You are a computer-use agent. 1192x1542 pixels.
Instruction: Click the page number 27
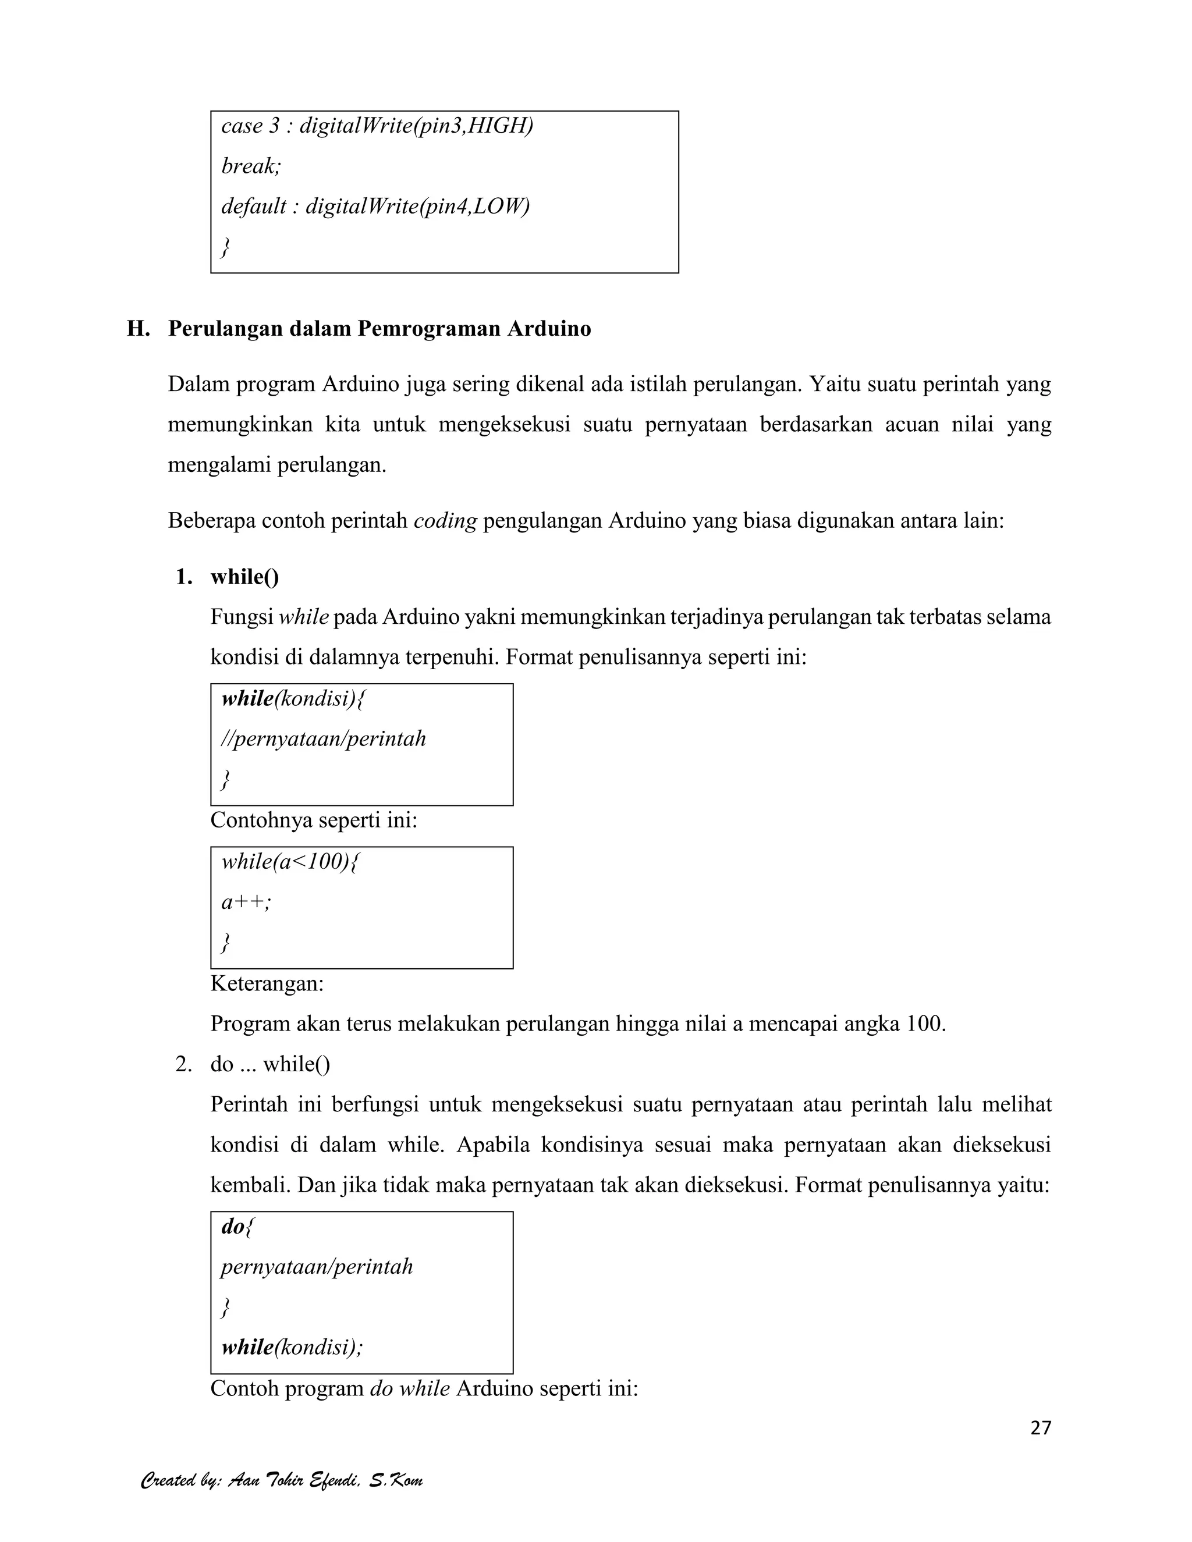click(1040, 1427)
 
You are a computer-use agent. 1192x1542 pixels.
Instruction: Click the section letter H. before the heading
click(138, 329)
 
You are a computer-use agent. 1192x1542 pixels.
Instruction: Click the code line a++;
click(246, 903)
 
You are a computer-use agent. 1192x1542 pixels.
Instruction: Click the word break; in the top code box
click(251, 166)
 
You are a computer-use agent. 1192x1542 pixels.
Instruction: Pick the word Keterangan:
click(267, 983)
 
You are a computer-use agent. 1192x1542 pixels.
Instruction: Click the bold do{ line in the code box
click(237, 1227)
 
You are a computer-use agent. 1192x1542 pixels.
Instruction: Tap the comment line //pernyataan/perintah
click(324, 739)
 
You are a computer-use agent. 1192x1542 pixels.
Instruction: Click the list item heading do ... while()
click(271, 1064)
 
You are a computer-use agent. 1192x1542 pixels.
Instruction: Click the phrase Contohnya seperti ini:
click(314, 820)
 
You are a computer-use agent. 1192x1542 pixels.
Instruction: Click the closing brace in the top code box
click(225, 247)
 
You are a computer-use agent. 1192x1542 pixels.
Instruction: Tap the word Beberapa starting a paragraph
click(212, 521)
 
